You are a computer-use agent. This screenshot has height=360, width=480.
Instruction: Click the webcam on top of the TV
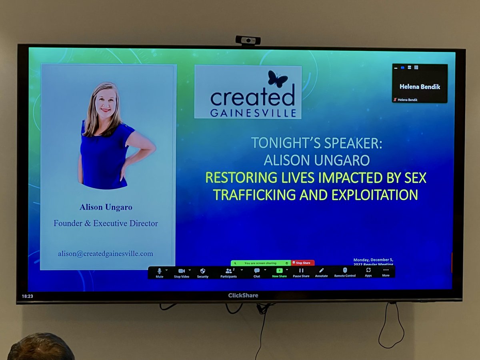pyautogui.click(x=248, y=40)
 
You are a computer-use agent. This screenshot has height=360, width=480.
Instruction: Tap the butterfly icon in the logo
pyautogui.click(x=277, y=79)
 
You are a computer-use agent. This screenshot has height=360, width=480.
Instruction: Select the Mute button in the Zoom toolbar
pyautogui.click(x=160, y=272)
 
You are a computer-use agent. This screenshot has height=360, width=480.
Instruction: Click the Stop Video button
pyautogui.click(x=182, y=272)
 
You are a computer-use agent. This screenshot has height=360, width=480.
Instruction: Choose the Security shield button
pyautogui.click(x=202, y=272)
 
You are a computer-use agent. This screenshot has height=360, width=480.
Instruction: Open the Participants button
pyautogui.click(x=228, y=272)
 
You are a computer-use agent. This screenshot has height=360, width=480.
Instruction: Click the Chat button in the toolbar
pyautogui.click(x=257, y=272)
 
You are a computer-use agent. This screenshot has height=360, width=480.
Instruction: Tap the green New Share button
pyautogui.click(x=279, y=272)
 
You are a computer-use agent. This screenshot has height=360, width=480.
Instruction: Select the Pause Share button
pyautogui.click(x=301, y=272)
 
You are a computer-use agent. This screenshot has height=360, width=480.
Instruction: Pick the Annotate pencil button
pyautogui.click(x=321, y=272)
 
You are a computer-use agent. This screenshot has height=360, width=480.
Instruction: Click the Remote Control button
pyautogui.click(x=345, y=272)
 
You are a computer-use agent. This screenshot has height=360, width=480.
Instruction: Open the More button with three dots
pyautogui.click(x=386, y=272)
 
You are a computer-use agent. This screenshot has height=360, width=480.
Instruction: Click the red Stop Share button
pyautogui.click(x=302, y=263)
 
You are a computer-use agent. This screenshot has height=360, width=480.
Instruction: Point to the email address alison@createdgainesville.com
pyautogui.click(x=105, y=254)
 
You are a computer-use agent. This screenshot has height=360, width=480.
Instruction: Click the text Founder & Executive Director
pyautogui.click(x=106, y=223)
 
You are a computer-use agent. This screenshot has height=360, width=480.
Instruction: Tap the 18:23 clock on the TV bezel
pyautogui.click(x=27, y=296)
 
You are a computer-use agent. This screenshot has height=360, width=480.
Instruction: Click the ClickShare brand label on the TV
pyautogui.click(x=243, y=296)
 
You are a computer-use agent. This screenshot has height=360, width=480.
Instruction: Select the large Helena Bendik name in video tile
pyautogui.click(x=420, y=86)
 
